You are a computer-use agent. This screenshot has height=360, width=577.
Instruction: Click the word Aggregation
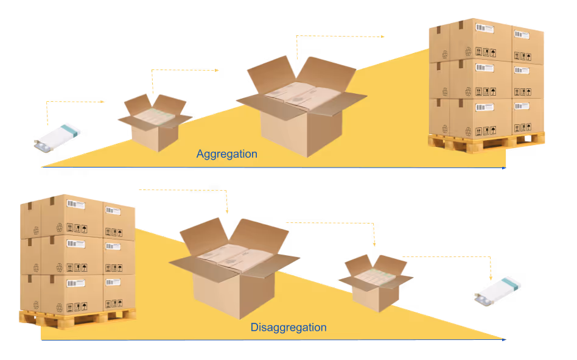tap(226, 154)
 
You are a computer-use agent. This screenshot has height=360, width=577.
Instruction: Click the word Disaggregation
tap(288, 328)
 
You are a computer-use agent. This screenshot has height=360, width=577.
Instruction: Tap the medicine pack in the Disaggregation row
tap(498, 289)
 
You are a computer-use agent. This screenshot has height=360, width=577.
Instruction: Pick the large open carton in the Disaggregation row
tap(234, 267)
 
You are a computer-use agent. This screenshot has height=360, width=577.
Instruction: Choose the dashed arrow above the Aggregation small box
tap(183, 71)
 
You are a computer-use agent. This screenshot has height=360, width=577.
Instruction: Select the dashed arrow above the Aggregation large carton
tap(338, 37)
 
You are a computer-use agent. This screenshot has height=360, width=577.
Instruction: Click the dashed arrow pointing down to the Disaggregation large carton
tap(189, 191)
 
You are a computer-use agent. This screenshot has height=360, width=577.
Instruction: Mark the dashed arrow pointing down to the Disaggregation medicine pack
tap(450, 257)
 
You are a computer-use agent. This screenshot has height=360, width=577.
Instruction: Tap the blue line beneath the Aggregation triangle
tap(274, 167)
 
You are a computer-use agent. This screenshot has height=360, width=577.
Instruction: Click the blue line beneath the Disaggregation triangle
tap(274, 339)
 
